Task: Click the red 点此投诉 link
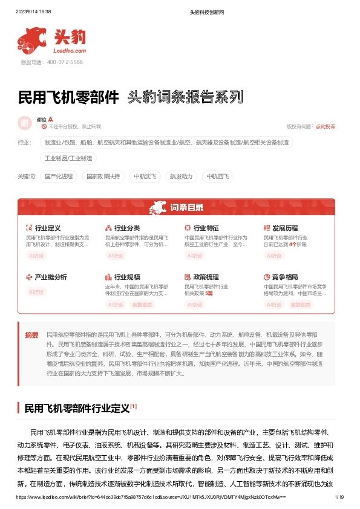pyautogui.click(x=325, y=126)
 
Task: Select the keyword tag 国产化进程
pyautogui.click(x=59, y=177)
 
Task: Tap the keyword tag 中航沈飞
pyautogui.click(x=145, y=177)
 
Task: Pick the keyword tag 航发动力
pyautogui.click(x=181, y=177)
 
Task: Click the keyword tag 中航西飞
pyautogui.click(x=217, y=177)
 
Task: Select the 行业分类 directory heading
pyautogui.click(x=127, y=228)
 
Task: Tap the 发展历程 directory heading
pyautogui.click(x=285, y=228)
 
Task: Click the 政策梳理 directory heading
pyautogui.click(x=206, y=277)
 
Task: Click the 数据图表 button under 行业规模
pyautogui.click(x=142, y=305)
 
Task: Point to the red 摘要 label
pyautogui.click(x=31, y=335)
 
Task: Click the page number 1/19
pyautogui.click(x=339, y=497)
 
